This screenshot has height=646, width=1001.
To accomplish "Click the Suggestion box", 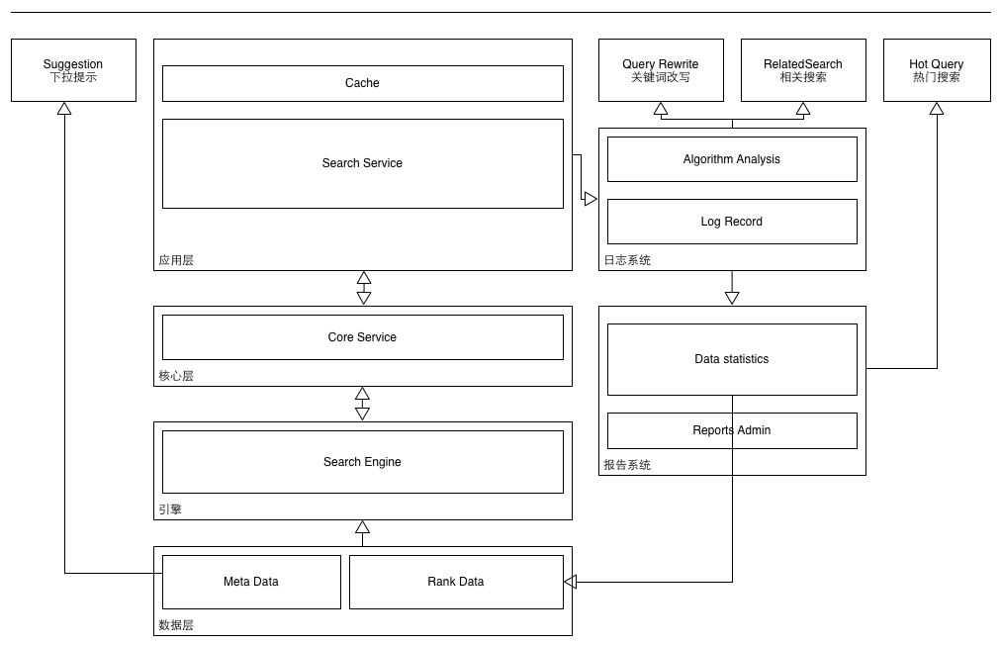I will pyautogui.click(x=73, y=70).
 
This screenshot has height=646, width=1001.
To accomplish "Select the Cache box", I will pyautogui.click(x=362, y=83).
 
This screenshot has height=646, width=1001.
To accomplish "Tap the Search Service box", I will pyautogui.click(x=362, y=163).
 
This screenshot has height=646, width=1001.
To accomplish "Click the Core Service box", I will pyautogui.click(x=362, y=337).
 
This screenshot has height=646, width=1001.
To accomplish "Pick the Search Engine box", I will pyautogui.click(x=362, y=462).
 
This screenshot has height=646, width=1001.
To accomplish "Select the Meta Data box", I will pyautogui.click(x=251, y=582).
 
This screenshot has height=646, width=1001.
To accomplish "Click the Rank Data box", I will pyautogui.click(x=456, y=582).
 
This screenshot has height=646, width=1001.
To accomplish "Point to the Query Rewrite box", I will pyautogui.click(x=661, y=70).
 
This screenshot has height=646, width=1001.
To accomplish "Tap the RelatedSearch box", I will pyautogui.click(x=803, y=70).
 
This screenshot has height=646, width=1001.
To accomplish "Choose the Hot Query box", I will pyautogui.click(x=937, y=70).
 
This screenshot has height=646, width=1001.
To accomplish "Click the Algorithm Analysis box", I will pyautogui.click(x=732, y=159).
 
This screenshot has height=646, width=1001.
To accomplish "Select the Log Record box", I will pyautogui.click(x=732, y=222).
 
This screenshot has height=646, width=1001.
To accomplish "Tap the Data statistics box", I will pyautogui.click(x=732, y=359).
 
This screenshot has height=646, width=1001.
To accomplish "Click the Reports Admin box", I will pyautogui.click(x=732, y=430).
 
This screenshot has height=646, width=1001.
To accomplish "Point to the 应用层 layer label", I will pyautogui.click(x=176, y=260).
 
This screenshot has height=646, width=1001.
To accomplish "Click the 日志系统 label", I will pyautogui.click(x=627, y=260).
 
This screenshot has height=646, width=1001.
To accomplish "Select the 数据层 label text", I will pyautogui.click(x=176, y=625).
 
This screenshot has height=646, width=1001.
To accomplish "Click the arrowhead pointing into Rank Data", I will pyautogui.click(x=570, y=582).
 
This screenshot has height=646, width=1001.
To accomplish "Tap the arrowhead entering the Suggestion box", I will pyautogui.click(x=64, y=108).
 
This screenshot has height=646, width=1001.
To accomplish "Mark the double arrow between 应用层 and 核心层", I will pyautogui.click(x=363, y=288).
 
